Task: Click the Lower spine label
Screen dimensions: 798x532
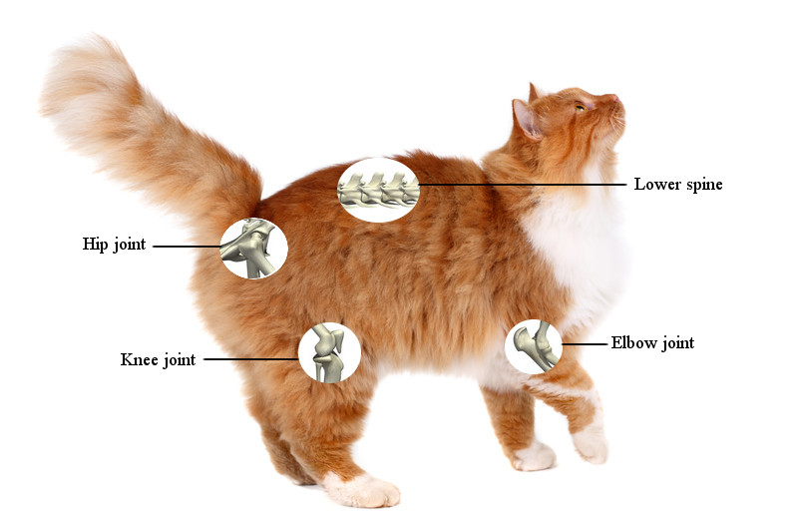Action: point(678,185)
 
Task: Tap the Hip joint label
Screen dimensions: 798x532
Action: point(114,245)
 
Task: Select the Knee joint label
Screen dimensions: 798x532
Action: point(158,359)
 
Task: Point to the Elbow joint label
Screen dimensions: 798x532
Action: point(652,343)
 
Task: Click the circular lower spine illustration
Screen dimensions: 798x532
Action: point(379,190)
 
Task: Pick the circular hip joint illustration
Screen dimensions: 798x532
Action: point(254,248)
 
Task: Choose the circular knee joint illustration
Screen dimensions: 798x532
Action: point(330,352)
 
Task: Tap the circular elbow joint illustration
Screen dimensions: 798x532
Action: point(534,346)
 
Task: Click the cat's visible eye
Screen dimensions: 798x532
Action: point(580,107)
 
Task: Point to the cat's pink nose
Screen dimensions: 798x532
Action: point(615,98)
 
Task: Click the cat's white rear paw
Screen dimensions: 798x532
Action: point(362,490)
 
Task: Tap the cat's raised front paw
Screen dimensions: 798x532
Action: point(591,443)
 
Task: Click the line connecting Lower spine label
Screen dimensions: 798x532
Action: point(523,185)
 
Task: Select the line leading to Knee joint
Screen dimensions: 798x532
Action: point(251,359)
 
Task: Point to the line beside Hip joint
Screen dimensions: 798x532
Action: point(187,247)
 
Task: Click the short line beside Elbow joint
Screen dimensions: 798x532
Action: point(585,344)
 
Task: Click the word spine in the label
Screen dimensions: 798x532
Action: point(704,186)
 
